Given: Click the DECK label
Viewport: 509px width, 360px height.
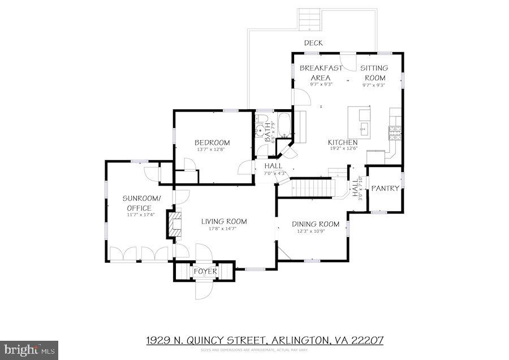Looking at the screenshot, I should click(x=313, y=42).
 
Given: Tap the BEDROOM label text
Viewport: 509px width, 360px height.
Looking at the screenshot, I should click(x=213, y=142).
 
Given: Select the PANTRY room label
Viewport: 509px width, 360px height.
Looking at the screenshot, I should click(x=385, y=188).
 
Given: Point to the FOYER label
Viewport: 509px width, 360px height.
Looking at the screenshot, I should click(x=205, y=272).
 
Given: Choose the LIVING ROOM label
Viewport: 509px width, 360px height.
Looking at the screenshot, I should click(x=224, y=221).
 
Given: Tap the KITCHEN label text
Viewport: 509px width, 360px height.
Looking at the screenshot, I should click(x=343, y=142).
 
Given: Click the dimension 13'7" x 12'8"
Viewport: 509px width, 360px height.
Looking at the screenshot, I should click(x=213, y=150).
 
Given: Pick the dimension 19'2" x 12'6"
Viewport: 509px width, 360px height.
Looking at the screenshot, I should click(x=343, y=149).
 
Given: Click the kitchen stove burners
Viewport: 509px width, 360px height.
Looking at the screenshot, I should click(x=394, y=134).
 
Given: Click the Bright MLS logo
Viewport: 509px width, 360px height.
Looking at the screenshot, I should click(x=28, y=348).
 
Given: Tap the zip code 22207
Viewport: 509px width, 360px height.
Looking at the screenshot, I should click(x=367, y=340).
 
